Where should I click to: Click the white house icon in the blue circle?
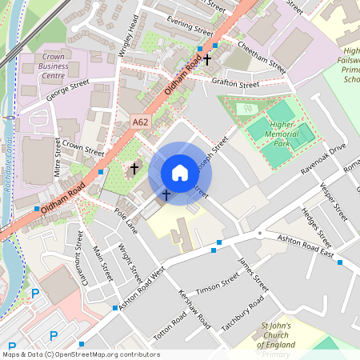180,173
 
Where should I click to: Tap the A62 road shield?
142,122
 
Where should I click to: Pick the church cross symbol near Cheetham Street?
207,59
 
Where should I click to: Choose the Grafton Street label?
236,83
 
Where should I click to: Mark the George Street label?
67,94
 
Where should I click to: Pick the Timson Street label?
218,284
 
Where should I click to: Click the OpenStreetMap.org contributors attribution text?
102,354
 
